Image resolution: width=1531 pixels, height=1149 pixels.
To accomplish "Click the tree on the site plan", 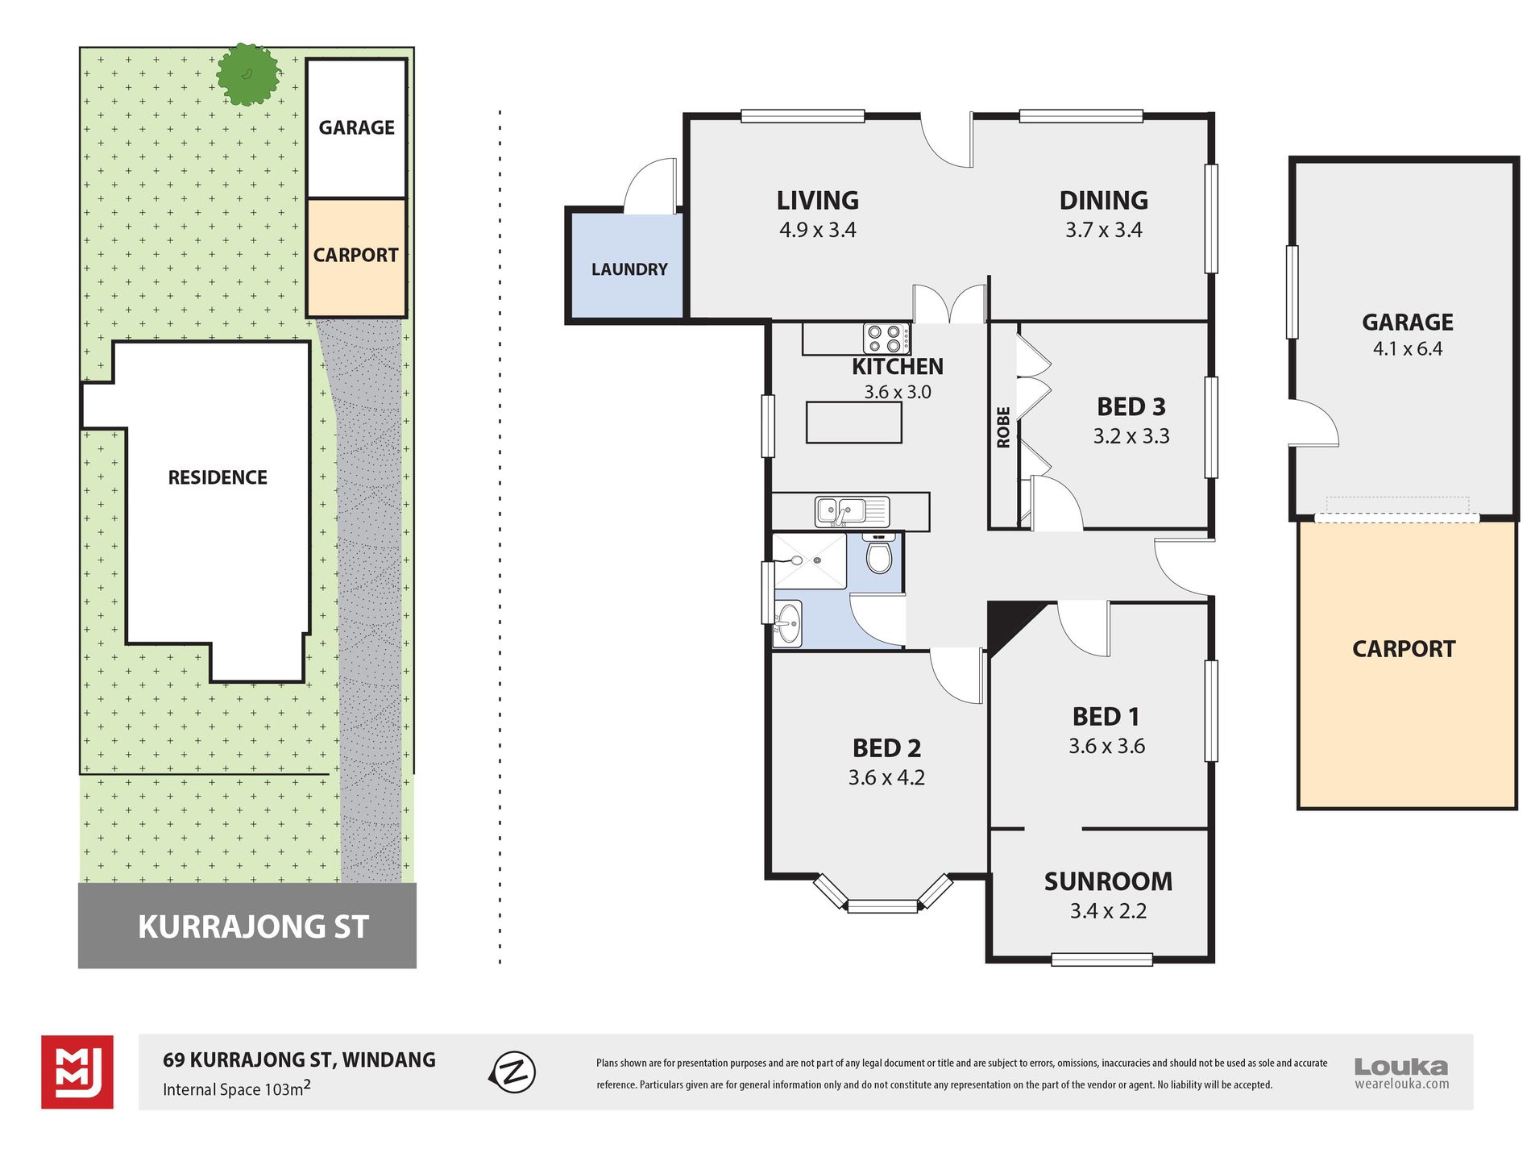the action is (x=247, y=74).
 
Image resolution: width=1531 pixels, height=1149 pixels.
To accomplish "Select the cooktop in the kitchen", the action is (x=886, y=339).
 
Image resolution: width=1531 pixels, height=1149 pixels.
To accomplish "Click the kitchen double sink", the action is (x=852, y=512).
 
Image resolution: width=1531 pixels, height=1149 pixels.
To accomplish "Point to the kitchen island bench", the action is (x=854, y=423).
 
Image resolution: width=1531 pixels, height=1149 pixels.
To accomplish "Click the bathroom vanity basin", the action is (x=787, y=622).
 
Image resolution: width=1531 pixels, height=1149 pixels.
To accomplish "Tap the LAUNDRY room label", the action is (x=629, y=269).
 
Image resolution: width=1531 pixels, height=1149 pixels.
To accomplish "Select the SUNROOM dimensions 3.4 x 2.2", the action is (x=1108, y=911).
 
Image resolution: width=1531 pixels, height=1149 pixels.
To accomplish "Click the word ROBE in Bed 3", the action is (x=1003, y=427).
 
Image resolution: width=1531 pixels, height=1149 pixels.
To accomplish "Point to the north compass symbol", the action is (x=512, y=1072).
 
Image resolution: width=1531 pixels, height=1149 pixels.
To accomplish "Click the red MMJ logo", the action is (x=77, y=1072).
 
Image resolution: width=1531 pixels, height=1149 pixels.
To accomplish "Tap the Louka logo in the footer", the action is (x=1401, y=1073).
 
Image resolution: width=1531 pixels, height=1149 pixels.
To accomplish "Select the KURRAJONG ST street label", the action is (x=253, y=927).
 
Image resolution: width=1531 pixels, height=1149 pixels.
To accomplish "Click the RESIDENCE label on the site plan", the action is (x=218, y=477).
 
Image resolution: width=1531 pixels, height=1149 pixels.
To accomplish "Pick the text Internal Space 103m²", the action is (x=237, y=1089).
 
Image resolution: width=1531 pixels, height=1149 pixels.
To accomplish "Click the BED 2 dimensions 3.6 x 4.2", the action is (x=886, y=778).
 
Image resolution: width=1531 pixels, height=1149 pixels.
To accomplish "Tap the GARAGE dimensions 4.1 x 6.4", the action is (x=1408, y=349).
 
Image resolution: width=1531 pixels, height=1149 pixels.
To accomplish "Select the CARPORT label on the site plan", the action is (x=355, y=255).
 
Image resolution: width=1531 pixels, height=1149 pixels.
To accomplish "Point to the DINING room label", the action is (x=1104, y=200).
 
